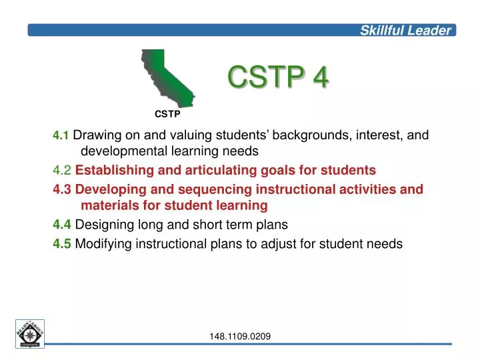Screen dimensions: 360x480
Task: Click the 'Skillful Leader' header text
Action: coord(406,30)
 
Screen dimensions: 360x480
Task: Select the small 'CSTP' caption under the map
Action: coord(168,114)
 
